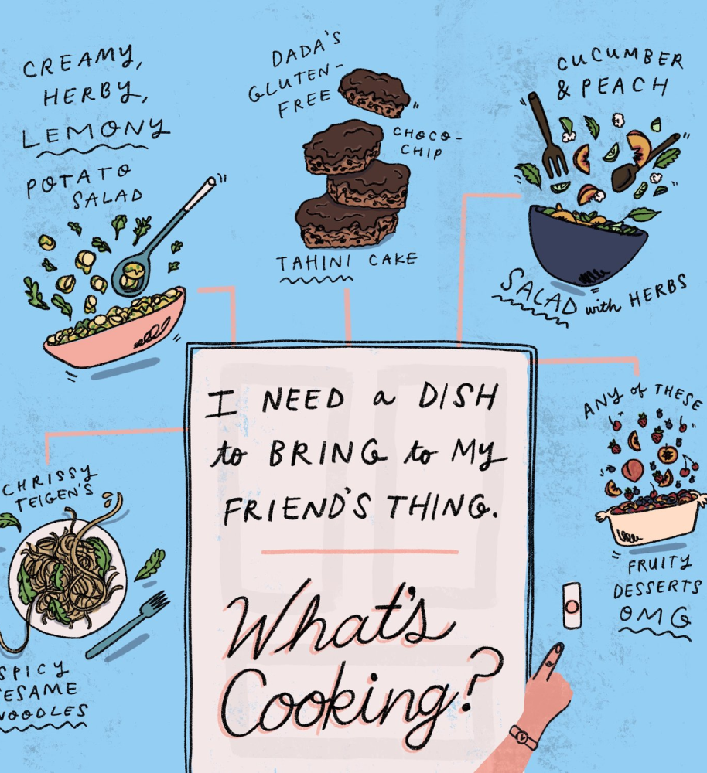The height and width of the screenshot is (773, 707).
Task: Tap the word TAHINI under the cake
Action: [313, 263]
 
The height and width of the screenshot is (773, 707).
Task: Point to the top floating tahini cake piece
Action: [374, 94]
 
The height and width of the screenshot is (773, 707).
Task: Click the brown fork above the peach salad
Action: [548, 135]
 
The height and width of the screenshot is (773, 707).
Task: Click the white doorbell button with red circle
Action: [572, 606]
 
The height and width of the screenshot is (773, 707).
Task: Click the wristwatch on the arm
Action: [524, 737]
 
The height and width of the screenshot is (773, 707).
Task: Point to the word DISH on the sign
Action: [457, 397]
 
